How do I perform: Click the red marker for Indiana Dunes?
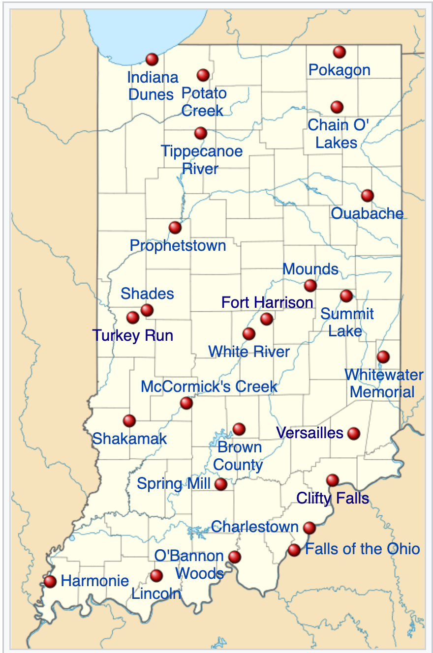point(152,59)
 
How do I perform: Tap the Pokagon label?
point(339,70)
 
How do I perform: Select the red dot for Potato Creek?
point(203,75)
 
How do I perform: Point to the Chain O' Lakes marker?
point(337,107)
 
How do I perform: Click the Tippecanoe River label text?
point(201,159)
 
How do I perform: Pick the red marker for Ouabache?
point(367,196)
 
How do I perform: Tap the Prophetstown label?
point(178,245)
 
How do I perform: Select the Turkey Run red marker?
point(133,318)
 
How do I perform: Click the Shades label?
point(147,294)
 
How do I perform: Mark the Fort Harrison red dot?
point(267,319)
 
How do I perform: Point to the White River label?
point(249,352)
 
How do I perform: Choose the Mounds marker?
point(310,285)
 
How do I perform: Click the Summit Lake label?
point(346,323)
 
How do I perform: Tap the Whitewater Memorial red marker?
point(383,356)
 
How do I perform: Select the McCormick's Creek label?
point(209,386)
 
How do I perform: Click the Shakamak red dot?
point(129,420)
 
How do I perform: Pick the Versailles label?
point(309,433)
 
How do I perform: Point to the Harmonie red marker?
point(50,582)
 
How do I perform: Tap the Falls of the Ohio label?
point(363,549)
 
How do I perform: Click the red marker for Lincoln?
point(156,575)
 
